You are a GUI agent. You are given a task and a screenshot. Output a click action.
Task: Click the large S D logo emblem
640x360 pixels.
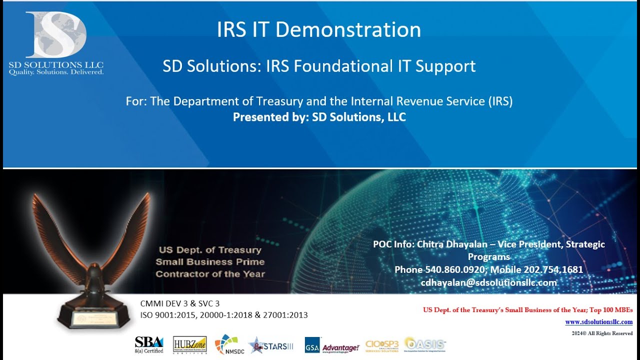[56, 35]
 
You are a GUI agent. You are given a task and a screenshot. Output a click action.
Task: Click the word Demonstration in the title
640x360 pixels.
[348, 30]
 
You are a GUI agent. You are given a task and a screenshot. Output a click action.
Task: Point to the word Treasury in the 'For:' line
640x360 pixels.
[279, 101]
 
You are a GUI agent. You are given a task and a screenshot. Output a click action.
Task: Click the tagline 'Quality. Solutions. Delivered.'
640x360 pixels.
[56, 72]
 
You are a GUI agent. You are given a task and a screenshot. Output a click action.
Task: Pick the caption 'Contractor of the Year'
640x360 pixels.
[210, 274]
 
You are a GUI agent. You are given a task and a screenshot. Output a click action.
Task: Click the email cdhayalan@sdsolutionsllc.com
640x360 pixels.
[489, 282]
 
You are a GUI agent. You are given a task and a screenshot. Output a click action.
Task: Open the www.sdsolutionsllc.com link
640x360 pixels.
[598, 322]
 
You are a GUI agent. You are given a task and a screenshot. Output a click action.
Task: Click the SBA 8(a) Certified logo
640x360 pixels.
[149, 344]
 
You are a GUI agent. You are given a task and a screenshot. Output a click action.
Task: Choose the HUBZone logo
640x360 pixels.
[190, 344]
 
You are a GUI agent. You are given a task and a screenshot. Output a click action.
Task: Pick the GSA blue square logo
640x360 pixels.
[312, 345]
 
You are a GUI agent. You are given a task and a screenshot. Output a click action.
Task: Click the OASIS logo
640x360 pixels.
[425, 344]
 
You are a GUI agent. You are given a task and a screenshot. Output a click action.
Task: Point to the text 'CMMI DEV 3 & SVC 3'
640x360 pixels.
[180, 303]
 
